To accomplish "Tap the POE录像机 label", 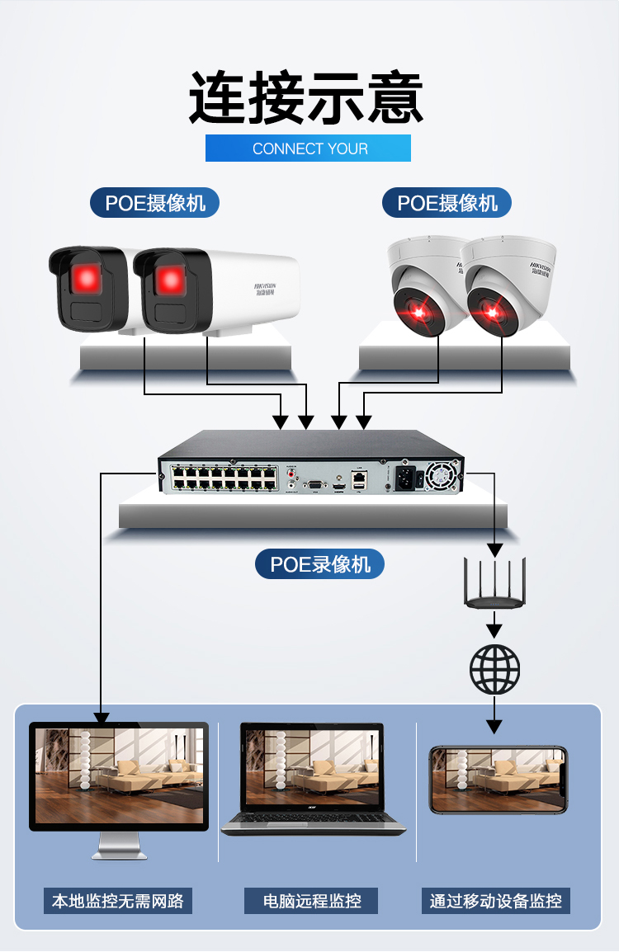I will (x=320, y=564).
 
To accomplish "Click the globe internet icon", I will (x=494, y=668).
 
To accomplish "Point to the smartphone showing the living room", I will (x=498, y=780).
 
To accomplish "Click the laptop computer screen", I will (x=313, y=766).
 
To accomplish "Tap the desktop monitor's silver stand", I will (x=119, y=846).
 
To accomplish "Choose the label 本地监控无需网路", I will (x=118, y=900).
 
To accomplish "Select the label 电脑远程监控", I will (x=312, y=900).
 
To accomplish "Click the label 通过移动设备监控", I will (x=496, y=900).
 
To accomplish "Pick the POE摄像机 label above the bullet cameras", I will (x=155, y=203).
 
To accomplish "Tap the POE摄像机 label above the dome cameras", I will (x=447, y=203).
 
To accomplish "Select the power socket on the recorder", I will (x=404, y=476).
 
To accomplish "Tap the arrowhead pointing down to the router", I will (x=494, y=549).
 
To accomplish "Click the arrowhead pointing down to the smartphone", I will (x=494, y=726).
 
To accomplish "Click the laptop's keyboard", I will (x=314, y=820).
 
